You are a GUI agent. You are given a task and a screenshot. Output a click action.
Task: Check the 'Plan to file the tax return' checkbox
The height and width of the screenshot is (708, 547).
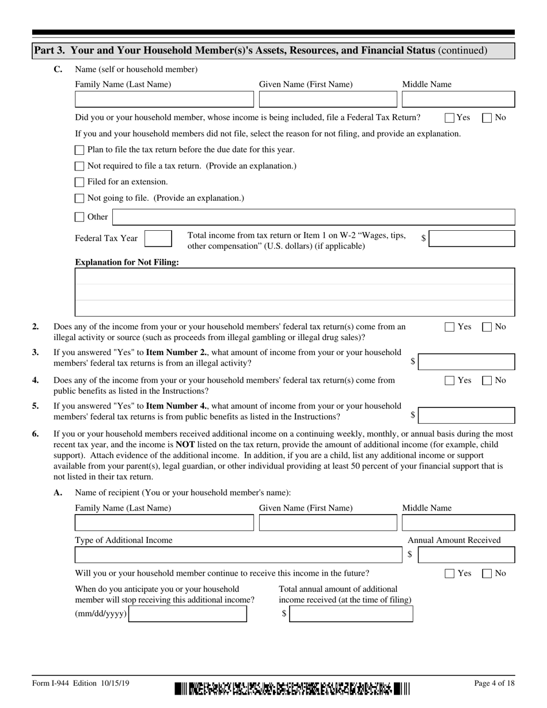click(79, 150)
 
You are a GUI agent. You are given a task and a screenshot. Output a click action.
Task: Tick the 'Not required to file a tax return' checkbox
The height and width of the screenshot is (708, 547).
click(79, 166)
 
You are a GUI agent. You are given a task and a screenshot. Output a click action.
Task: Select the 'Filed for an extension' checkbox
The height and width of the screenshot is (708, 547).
click(79, 182)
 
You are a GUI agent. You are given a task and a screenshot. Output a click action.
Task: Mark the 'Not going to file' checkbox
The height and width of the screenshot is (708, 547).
click(79, 198)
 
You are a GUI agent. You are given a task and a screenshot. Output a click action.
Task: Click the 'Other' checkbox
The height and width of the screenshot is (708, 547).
click(79, 217)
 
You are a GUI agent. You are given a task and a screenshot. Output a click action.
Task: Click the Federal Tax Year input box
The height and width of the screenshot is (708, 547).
click(158, 238)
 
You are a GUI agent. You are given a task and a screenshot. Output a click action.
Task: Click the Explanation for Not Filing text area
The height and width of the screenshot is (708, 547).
click(295, 292)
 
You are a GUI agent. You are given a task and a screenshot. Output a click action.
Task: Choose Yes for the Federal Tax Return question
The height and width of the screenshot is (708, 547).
click(450, 117)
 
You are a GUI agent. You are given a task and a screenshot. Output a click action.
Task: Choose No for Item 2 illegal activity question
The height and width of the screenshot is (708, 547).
click(487, 327)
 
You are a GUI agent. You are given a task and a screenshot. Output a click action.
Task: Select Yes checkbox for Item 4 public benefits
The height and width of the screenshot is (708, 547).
click(450, 380)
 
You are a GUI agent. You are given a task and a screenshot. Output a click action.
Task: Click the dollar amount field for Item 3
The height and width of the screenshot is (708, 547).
click(466, 362)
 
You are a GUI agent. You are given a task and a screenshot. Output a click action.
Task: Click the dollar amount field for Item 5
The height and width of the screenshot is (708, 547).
click(466, 415)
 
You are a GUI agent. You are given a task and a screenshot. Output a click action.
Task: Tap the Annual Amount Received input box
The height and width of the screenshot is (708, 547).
click(466, 555)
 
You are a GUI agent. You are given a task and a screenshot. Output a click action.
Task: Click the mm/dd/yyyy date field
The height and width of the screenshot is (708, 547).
click(188, 614)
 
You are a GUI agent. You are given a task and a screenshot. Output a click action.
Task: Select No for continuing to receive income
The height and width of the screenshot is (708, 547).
click(487, 573)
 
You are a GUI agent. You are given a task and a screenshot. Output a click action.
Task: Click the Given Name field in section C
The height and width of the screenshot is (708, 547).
click(328, 100)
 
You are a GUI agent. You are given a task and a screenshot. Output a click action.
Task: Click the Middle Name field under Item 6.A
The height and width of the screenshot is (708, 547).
click(458, 523)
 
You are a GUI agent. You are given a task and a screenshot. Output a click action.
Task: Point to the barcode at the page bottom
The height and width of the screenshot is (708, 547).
click(293, 689)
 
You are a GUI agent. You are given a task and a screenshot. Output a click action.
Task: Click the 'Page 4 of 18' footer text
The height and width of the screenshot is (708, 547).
click(494, 683)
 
